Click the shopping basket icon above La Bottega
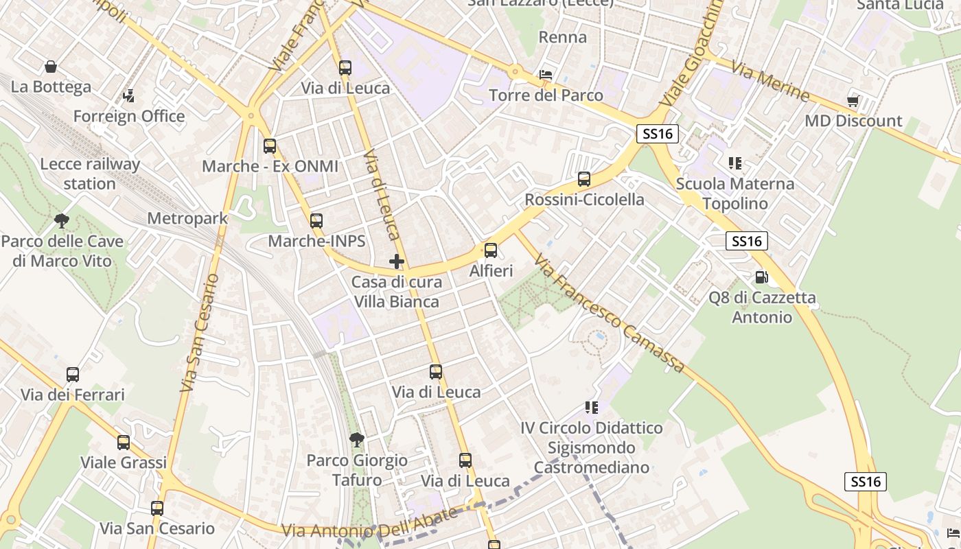[x=51, y=67]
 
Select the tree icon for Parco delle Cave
[x=62, y=220]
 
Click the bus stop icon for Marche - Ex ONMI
[x=270, y=145]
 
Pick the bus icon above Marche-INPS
[x=316, y=220]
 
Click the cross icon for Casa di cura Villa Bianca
[x=397, y=261]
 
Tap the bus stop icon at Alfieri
[x=491, y=250]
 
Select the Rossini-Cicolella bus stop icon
[x=584, y=179]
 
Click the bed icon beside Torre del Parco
[x=546, y=74]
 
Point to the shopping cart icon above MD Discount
[x=853, y=101]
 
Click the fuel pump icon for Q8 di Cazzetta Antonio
[x=761, y=277]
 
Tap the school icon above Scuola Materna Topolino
[x=735, y=163]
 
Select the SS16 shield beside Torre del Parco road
[x=658, y=134]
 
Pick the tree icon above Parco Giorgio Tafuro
[x=356, y=439]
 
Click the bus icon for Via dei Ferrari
[x=73, y=375]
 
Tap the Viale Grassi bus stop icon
[x=124, y=443]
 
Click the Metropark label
[x=187, y=218]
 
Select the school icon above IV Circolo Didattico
[x=592, y=408]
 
